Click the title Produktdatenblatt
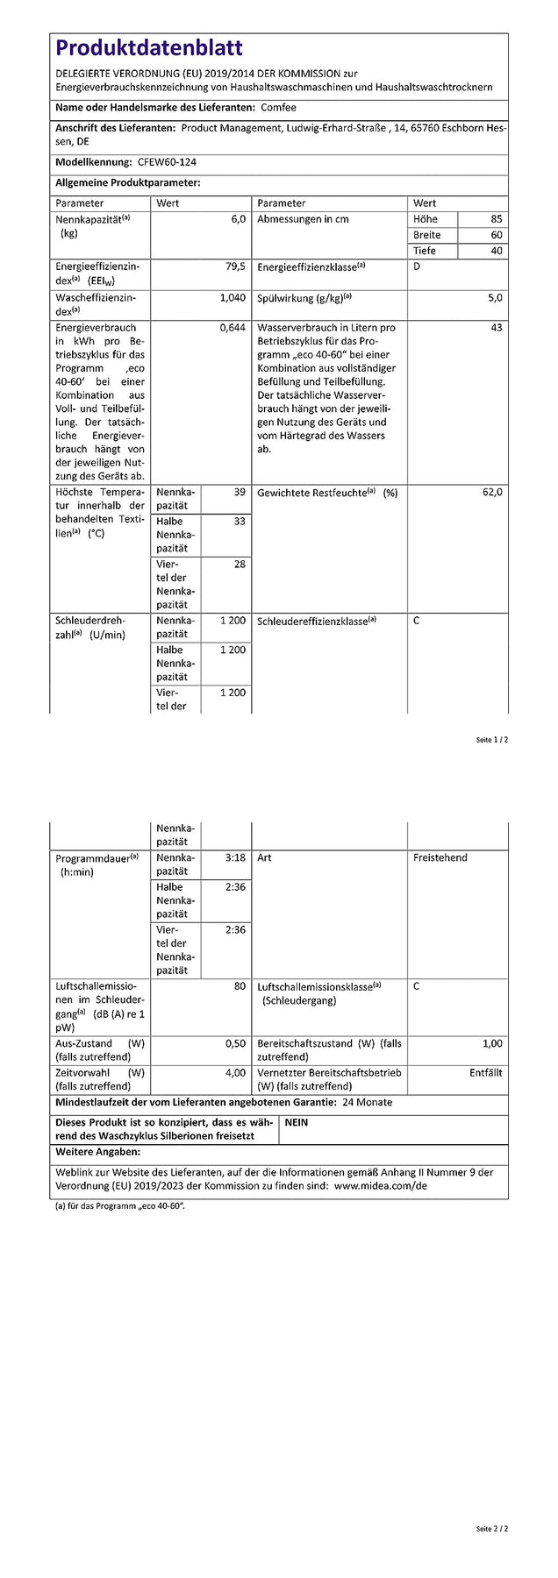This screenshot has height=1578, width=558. pos(149,48)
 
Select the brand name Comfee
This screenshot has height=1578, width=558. pos(279,108)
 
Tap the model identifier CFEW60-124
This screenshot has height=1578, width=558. pos(168,162)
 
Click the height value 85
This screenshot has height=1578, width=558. pos(497,219)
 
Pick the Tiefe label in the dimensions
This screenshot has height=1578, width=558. pos(425,251)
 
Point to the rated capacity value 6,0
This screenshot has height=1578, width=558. pos(238,219)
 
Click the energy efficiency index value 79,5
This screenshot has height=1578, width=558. pos(236,266)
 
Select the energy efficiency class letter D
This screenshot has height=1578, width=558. pos(417,267)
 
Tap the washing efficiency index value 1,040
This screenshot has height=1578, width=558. pos(232,298)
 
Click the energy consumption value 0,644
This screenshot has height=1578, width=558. pos(232,328)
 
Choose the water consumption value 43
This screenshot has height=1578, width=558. pos(497,328)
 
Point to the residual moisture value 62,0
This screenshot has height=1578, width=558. pos(492,493)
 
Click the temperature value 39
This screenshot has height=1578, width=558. pos(240,493)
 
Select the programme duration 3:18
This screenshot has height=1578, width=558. pos(235,857)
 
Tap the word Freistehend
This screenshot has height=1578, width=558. pos(440,857)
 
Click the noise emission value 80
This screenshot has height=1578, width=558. pos(240,986)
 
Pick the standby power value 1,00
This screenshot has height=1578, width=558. pos(492,1043)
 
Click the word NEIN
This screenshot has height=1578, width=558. pos(297,1122)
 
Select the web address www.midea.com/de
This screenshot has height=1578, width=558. pos(381,1185)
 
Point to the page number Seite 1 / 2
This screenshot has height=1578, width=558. pos(491,740)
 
